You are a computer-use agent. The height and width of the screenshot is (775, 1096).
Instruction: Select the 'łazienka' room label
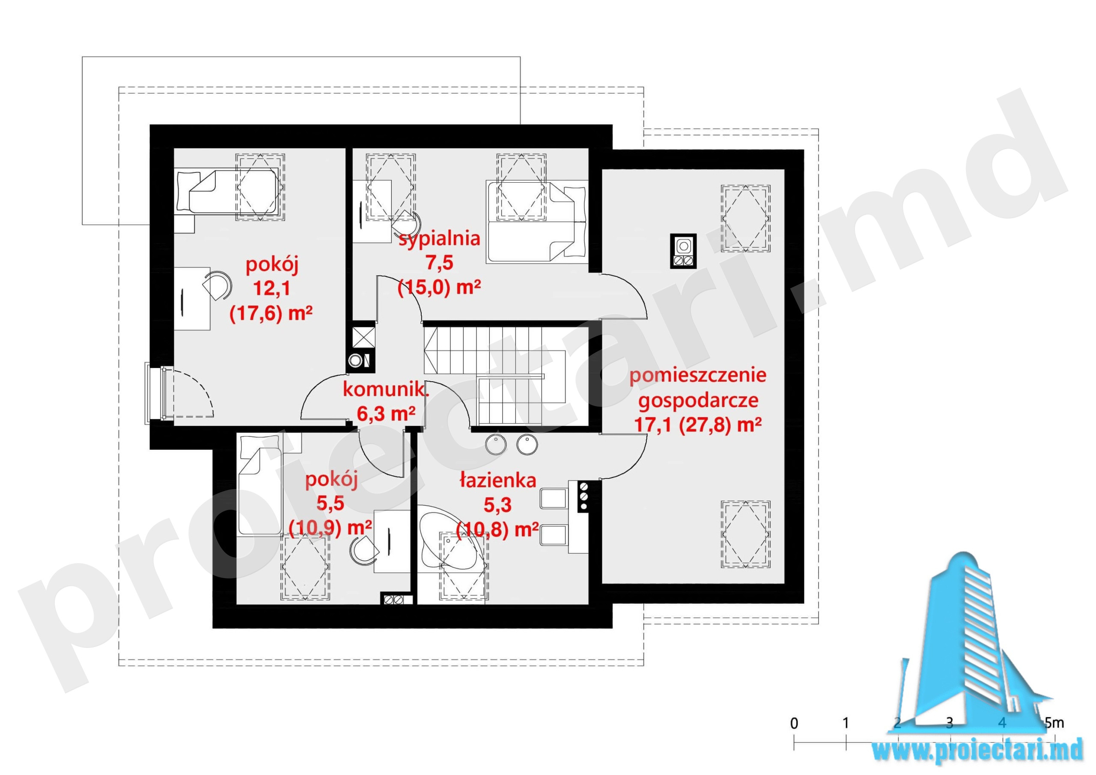tap(498, 481)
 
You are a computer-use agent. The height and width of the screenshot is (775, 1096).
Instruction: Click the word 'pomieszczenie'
tap(698, 376)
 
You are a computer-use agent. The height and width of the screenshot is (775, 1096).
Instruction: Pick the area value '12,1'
tap(271, 289)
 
